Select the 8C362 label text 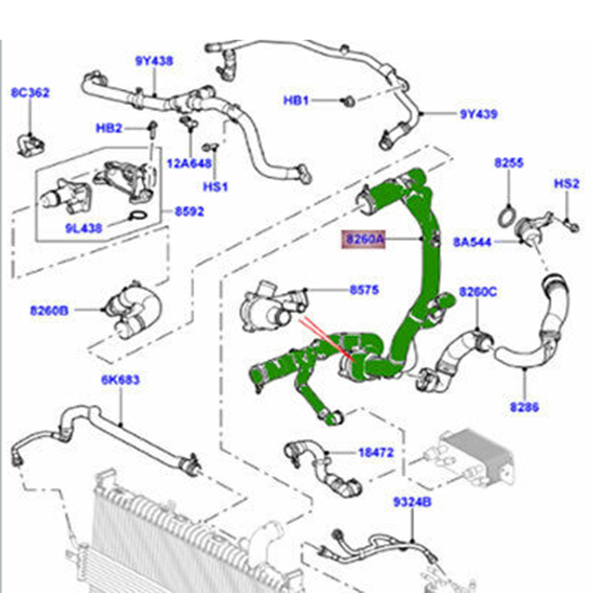point(30,93)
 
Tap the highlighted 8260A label point(362,239)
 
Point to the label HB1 point(296,101)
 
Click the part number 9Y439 point(479,114)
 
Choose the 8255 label point(509,164)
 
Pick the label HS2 point(566,184)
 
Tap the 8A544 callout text point(472,242)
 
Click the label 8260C point(478,291)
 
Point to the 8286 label point(524,407)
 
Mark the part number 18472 point(376,453)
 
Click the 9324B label point(412,503)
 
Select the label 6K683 point(120,379)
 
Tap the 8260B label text point(50,309)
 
